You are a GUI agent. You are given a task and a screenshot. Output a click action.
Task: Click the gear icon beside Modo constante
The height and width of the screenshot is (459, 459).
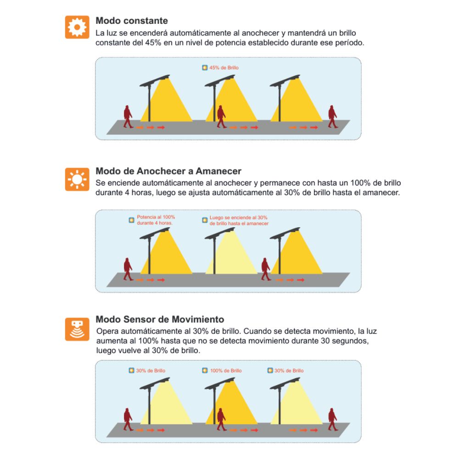coord(77,27)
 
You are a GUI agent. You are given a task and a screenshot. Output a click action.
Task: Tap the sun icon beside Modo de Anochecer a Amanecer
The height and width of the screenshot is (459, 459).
coord(77,179)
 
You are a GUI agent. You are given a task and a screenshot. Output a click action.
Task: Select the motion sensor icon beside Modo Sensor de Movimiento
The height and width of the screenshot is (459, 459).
coord(77,329)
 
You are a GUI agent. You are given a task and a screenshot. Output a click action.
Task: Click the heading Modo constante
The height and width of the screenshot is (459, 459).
coord(132,21)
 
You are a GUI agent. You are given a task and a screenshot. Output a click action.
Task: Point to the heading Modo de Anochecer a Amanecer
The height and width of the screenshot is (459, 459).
coord(168,171)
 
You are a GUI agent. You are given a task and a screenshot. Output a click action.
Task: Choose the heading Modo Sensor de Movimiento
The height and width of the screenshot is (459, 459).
coord(160,319)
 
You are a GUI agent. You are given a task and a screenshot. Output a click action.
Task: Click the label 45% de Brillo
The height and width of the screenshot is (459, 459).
coord(224,67)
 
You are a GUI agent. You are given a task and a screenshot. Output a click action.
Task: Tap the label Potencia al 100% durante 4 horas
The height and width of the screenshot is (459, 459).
coord(156,220)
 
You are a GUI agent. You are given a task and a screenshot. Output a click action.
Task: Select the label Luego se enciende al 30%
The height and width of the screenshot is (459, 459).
coord(238,218)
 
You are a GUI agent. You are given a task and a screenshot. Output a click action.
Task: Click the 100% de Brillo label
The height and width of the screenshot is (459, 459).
coord(226,370)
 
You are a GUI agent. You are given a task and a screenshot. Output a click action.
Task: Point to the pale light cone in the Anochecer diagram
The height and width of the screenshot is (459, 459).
coord(231,255)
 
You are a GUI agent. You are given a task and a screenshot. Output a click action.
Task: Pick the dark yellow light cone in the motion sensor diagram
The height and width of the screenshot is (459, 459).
coord(231,404)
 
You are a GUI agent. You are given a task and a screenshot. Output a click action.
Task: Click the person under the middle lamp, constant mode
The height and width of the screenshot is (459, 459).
coord(221,117)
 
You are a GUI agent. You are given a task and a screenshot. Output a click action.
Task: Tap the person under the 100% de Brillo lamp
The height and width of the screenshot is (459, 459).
coord(221,419)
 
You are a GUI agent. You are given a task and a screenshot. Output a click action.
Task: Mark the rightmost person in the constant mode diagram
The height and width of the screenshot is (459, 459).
coord(332,117)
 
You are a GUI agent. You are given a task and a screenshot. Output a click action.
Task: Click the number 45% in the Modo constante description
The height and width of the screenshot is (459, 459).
coord(153,43)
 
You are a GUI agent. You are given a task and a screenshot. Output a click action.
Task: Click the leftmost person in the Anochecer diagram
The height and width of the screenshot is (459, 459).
coord(128,269)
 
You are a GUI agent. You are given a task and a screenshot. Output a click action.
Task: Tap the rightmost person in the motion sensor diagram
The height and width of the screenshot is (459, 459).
coord(332,419)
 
